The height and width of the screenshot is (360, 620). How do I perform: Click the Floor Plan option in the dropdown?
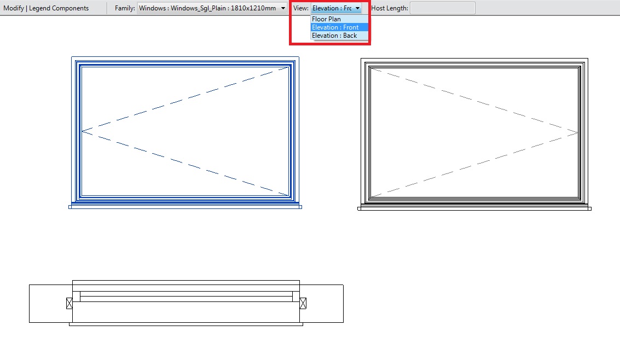coord(326,19)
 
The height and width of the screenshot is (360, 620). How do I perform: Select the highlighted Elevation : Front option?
coord(335,27)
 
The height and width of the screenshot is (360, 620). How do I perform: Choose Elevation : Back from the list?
coord(334,36)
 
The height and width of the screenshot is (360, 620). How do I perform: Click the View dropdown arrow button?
coord(357,8)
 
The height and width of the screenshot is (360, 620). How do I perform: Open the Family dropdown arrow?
coord(283,8)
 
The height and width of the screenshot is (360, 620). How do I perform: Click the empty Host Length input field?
coord(443,8)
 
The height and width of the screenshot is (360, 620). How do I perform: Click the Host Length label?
coord(390,8)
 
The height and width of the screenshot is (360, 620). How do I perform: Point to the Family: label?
coord(125,8)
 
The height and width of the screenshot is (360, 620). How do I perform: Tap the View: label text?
coord(301,8)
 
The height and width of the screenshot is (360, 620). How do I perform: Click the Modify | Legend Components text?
coord(46,8)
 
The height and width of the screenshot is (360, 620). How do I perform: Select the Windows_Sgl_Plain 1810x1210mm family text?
coord(207,8)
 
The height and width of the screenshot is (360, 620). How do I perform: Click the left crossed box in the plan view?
coord(69,304)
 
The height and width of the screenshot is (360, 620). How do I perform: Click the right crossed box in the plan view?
coord(303,304)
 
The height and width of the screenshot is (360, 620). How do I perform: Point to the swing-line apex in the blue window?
coord(82,131)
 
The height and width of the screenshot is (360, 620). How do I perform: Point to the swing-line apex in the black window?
coord(578,132)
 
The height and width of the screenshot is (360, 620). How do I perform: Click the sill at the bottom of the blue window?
coord(185,207)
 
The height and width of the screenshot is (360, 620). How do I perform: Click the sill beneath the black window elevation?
coord(474,208)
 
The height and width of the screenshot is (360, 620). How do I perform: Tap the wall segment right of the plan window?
coord(321,304)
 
